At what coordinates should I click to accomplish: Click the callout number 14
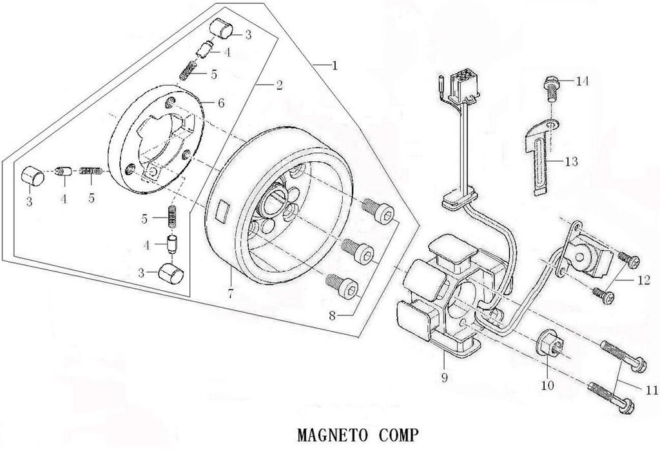pos(583,81)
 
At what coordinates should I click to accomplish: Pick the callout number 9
pos(445,376)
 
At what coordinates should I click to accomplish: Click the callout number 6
pos(221,103)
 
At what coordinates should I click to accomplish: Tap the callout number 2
pos(279,86)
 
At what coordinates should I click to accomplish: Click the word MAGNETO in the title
pos(331,434)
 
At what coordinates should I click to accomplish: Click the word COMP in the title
pos(395,434)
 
